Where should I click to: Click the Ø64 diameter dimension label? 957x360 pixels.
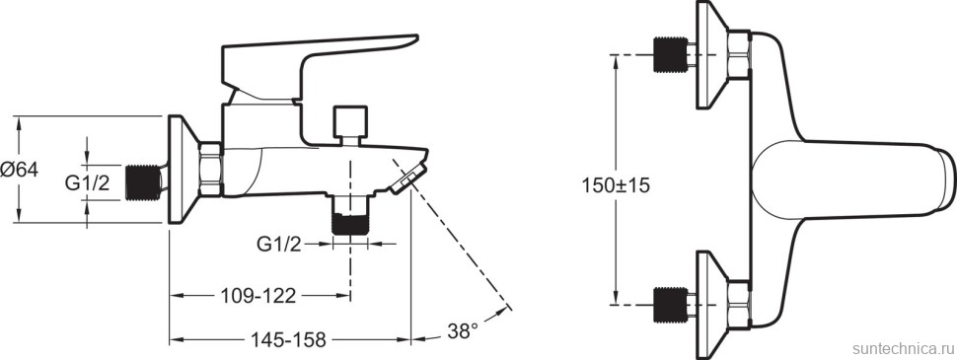(x=19, y=170)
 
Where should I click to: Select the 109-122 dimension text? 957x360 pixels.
(x=258, y=296)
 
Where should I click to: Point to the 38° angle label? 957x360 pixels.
(x=463, y=331)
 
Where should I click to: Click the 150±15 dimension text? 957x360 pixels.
(x=616, y=184)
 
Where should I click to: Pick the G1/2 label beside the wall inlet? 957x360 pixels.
(x=87, y=182)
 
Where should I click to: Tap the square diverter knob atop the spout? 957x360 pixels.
(x=351, y=122)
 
